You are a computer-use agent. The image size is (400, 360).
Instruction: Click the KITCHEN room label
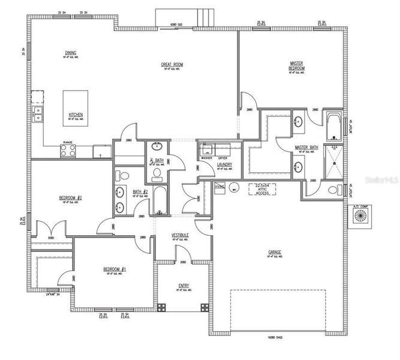click(x=76, y=115)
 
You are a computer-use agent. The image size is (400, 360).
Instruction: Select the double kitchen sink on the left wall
click(x=38, y=113)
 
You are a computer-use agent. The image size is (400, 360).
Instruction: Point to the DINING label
click(x=70, y=53)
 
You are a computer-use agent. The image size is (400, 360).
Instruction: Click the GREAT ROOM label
click(x=172, y=64)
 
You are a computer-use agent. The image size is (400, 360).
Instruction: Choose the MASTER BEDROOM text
click(x=297, y=65)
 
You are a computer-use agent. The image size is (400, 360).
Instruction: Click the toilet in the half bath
click(x=157, y=174)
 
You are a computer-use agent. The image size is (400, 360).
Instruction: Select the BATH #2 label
click(x=140, y=193)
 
